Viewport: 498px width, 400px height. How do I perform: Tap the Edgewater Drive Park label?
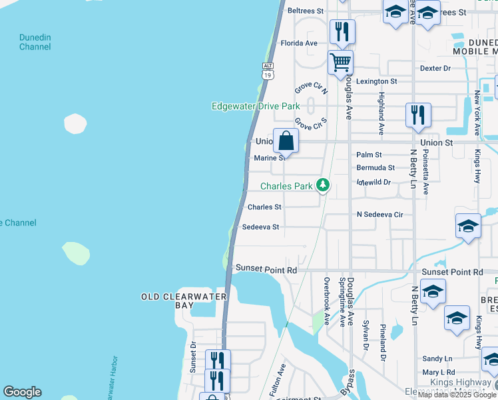pos(255,106)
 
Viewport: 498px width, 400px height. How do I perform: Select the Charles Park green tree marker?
pos(323,185)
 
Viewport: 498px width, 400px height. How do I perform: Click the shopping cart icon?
pos(340,63)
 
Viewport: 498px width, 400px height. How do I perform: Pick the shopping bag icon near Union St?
pos(286,141)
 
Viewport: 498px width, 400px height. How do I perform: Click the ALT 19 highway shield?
pos(268,71)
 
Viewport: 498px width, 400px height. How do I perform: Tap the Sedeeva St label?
pos(260,227)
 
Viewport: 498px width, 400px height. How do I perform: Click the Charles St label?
pos(264,207)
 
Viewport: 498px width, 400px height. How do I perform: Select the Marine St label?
pos(270,158)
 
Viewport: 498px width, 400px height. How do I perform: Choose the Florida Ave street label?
pos(299,43)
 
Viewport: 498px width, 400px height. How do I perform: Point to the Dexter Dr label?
pos(435,68)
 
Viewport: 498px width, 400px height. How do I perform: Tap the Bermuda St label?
pos(375,168)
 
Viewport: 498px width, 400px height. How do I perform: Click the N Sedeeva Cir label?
pos(380,215)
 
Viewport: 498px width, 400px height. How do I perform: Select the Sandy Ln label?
pos(437,359)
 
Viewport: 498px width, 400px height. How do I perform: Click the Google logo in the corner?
pos(22,392)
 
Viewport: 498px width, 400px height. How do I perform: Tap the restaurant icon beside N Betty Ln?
pos(417,114)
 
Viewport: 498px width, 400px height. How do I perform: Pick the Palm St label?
pos(368,155)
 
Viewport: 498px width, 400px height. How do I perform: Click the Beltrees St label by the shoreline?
pos(305,11)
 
